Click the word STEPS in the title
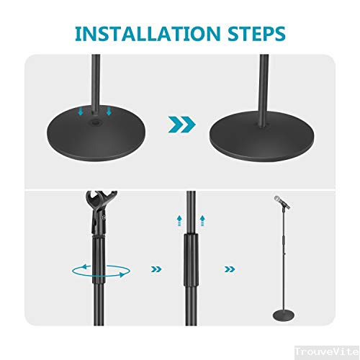coord(252,33)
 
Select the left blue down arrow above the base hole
coord(82,112)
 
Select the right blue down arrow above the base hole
coord(109,112)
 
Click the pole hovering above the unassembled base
coord(95,79)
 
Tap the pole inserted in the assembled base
coord(264,86)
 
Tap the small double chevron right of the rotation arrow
coord(154,269)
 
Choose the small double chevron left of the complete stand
coord(229,269)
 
